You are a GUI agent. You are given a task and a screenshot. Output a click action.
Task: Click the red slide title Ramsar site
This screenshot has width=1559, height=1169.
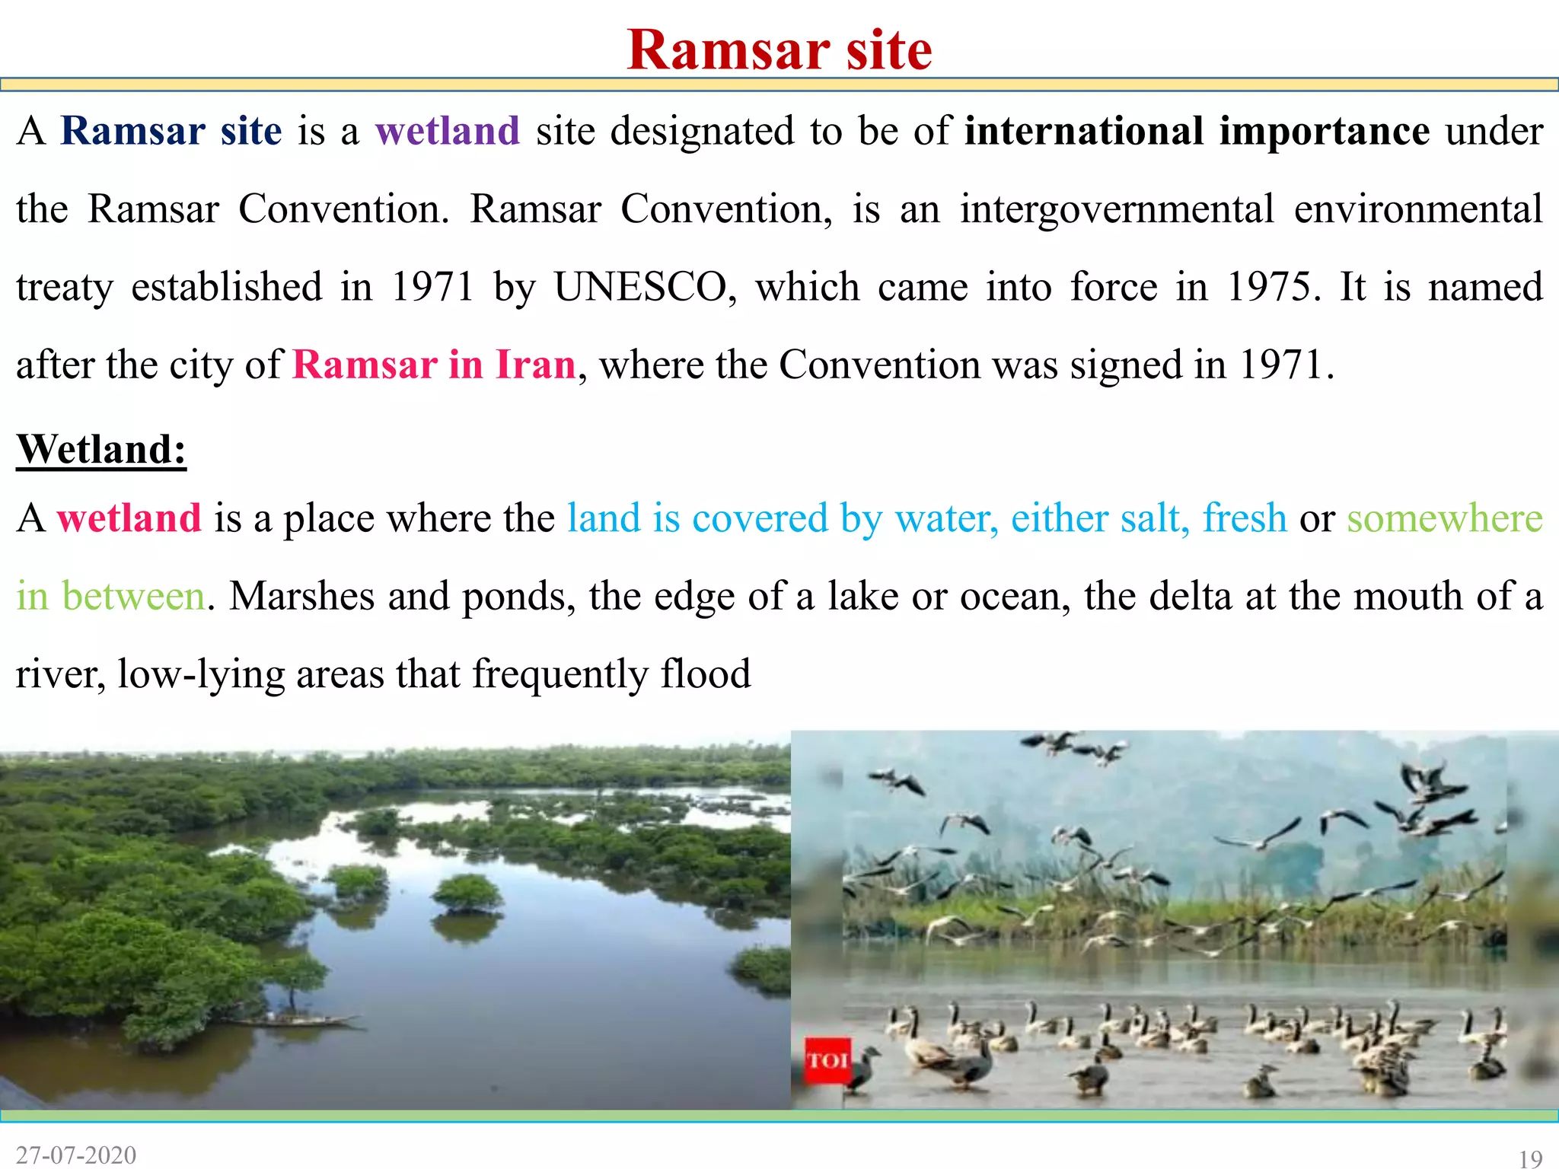click(779, 50)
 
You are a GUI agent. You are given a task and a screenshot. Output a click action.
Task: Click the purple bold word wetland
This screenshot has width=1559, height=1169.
click(448, 131)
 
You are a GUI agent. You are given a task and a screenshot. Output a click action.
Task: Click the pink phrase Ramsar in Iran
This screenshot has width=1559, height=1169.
click(434, 365)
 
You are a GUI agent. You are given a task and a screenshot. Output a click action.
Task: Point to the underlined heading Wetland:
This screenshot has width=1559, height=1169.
click(101, 449)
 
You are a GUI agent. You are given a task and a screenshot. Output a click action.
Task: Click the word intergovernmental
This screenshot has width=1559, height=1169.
click(1116, 209)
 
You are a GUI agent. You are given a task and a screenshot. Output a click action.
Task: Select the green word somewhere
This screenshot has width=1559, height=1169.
click(1444, 518)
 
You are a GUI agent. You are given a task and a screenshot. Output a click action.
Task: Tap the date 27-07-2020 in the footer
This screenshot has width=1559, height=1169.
click(76, 1155)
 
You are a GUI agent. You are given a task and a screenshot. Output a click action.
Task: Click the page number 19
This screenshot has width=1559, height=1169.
click(1530, 1158)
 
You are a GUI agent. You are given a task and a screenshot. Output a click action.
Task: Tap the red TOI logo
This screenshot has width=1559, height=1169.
click(827, 1059)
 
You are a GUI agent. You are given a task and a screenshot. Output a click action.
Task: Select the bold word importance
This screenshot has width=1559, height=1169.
click(1324, 131)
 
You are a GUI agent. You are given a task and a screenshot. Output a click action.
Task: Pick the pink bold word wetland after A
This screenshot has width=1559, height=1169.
click(129, 518)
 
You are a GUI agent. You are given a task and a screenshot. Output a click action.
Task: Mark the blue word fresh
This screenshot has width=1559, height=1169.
click(1245, 518)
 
